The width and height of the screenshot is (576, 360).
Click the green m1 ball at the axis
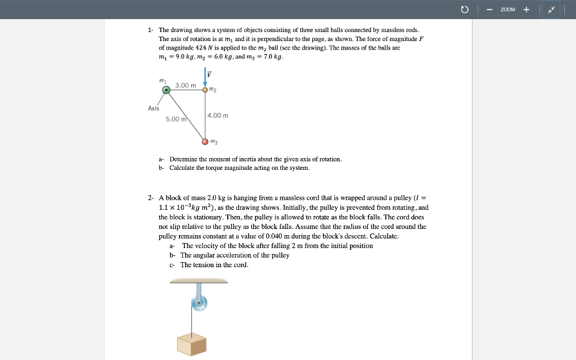click(166, 89)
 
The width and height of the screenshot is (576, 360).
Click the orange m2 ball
click(205, 89)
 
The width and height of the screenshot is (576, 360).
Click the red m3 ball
click(205, 141)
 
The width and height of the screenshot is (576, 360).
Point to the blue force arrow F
click(205, 78)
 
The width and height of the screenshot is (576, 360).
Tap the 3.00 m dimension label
click(185, 85)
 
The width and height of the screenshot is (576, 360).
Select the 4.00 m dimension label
click(218, 115)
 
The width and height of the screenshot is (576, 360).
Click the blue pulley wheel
click(199, 303)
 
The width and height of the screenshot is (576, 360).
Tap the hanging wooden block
click(192, 344)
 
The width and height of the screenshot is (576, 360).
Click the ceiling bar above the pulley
click(197, 281)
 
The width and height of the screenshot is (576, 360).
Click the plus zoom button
click(526, 10)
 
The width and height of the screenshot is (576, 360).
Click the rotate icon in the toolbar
click(465, 10)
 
